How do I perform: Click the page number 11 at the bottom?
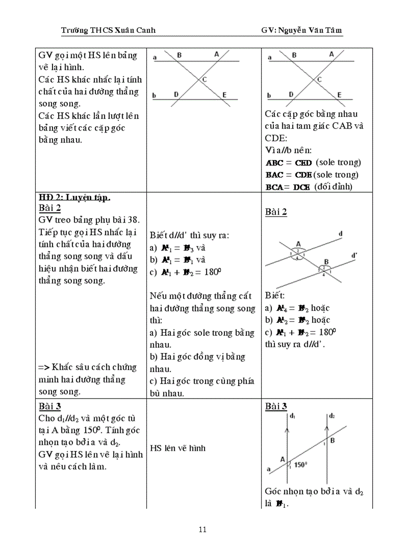point(202,529)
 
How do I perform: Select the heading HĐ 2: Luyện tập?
point(74,197)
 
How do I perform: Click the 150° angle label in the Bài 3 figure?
point(301,465)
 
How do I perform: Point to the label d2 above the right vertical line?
point(332,415)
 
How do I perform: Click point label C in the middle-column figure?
point(204,80)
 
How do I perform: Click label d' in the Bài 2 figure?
point(353,256)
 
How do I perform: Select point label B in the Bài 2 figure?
point(326,261)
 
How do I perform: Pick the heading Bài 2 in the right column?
point(276,212)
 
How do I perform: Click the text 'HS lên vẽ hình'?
point(178,448)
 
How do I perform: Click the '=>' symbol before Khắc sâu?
point(43,368)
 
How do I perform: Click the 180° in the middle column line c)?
point(211,272)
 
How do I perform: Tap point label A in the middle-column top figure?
point(216,54)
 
